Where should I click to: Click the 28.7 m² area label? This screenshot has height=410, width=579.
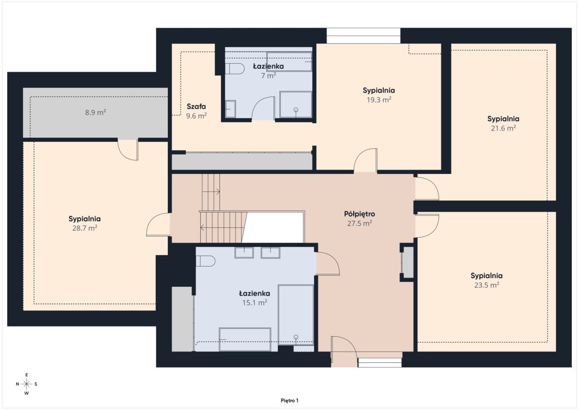[84, 228]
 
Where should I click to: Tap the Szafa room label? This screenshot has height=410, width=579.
[196, 106]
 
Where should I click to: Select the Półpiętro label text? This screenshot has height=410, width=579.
[359, 214]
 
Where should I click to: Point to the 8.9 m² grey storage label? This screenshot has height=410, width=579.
[96, 113]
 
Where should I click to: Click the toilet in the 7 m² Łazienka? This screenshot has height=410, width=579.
[234, 69]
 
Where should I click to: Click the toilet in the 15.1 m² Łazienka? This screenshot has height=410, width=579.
[206, 261]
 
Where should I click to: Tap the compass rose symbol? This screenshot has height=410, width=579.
[27, 384]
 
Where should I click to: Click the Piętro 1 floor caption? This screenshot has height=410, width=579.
[289, 401]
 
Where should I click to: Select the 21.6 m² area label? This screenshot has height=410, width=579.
[503, 128]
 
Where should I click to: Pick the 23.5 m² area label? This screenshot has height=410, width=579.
[486, 285]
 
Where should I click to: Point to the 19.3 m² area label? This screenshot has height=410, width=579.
[379, 100]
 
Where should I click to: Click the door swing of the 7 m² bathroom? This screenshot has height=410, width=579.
[263, 109]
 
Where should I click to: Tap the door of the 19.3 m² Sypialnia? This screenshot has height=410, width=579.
[365, 160]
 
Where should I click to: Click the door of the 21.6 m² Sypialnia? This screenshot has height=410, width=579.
[427, 188]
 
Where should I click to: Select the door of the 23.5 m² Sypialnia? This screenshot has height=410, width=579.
[427, 226]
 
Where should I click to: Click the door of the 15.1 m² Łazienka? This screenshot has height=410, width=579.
[328, 264]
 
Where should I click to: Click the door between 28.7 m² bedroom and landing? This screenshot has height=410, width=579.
[158, 225]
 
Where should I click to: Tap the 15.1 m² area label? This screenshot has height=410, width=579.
[255, 303]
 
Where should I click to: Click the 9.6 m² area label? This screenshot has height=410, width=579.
[196, 116]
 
